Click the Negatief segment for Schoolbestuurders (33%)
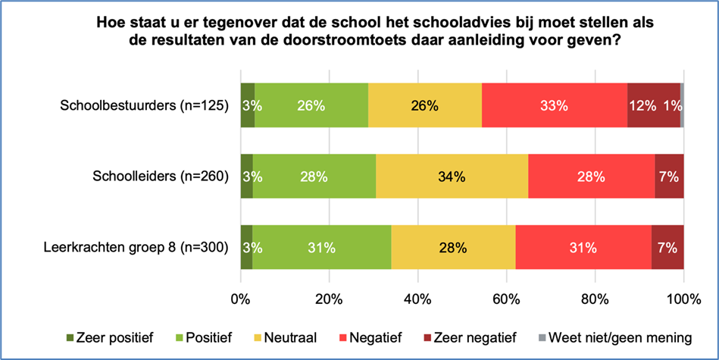(554, 106)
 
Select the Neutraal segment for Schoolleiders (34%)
(452, 177)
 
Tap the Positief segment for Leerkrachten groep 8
(322, 246)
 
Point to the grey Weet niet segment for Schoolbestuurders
(682, 106)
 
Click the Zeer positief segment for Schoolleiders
(246, 177)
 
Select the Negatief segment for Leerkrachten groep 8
(583, 246)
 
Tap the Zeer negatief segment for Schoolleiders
(669, 177)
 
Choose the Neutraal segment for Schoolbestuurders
(424, 106)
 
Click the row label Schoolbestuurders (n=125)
(144, 106)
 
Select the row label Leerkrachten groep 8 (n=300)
(136, 246)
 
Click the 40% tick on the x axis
(418, 299)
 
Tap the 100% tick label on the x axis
(683, 299)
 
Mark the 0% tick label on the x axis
(241, 299)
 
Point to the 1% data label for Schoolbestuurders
(671, 106)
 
